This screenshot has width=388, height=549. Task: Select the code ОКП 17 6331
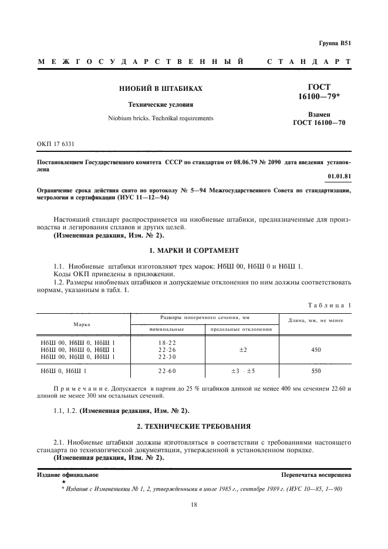[x=55, y=144]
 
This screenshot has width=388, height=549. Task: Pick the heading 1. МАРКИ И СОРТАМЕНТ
[x=194, y=250]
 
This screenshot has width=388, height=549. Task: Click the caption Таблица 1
[x=330, y=305]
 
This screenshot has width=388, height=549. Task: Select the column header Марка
[x=82, y=324]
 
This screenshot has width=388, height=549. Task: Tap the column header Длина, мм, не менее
[x=316, y=320]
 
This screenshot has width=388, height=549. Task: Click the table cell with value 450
[x=316, y=350]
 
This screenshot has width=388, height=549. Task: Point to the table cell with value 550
[x=316, y=371]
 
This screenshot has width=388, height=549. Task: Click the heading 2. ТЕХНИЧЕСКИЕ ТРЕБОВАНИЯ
[x=194, y=426]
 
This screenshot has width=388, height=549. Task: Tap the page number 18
[x=194, y=504]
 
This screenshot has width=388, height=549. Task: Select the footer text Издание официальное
[x=68, y=475]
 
